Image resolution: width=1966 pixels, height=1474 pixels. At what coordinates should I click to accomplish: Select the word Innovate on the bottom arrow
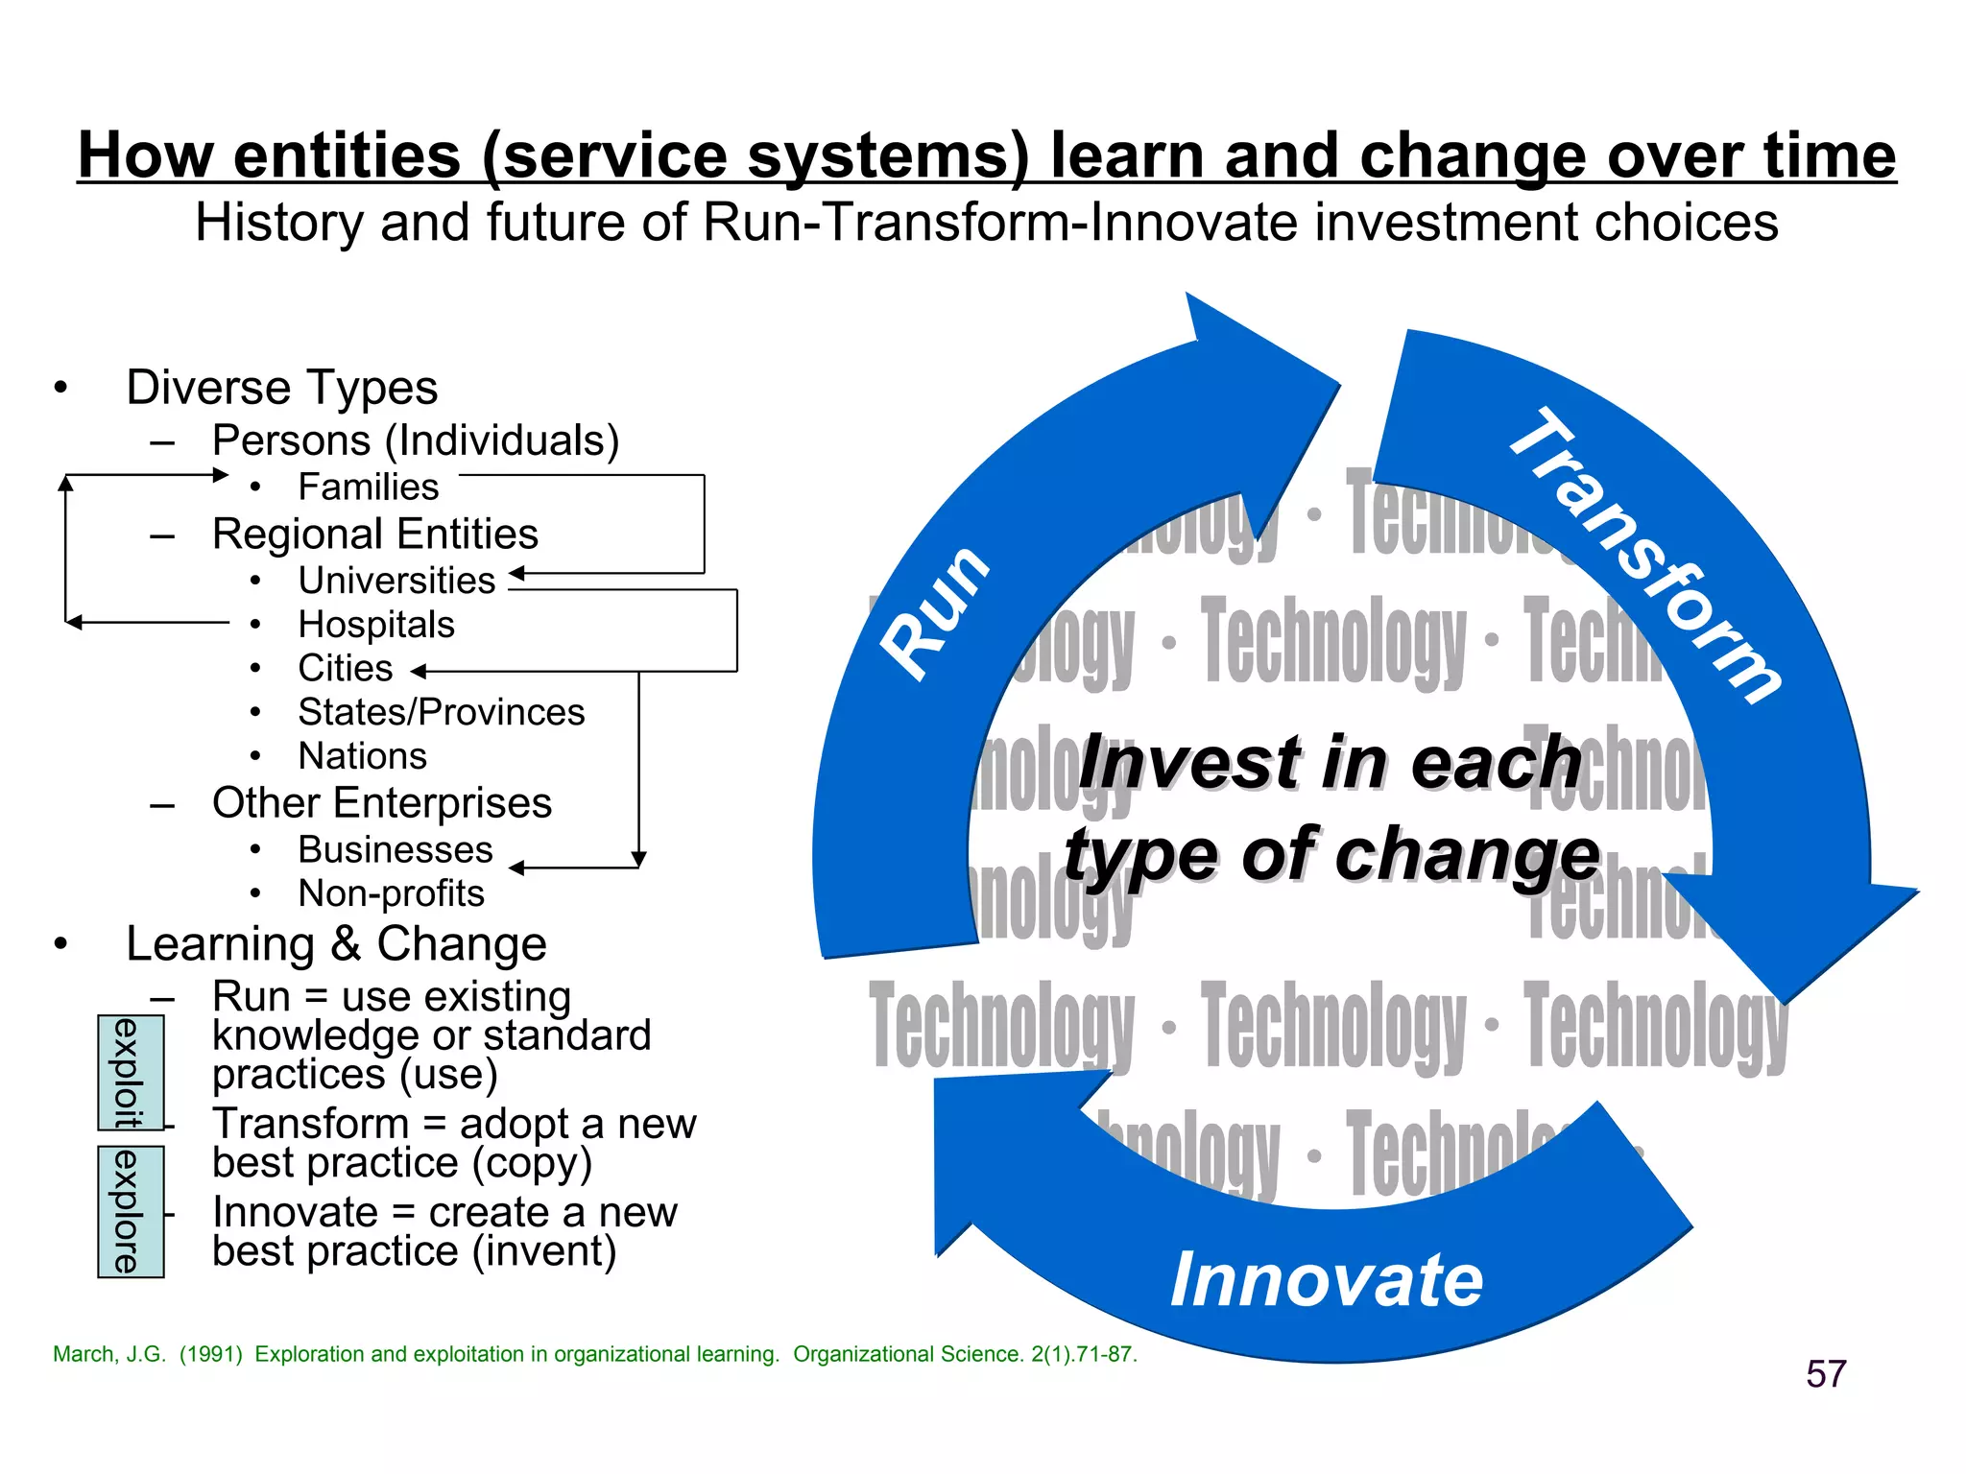tap(1327, 1279)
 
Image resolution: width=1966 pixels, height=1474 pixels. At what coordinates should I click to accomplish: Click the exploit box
tap(131, 1072)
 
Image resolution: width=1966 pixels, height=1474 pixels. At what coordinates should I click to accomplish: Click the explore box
tap(131, 1211)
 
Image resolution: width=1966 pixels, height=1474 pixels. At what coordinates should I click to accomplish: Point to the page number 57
tap(1825, 1373)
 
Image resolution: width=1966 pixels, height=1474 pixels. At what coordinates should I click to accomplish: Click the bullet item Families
tap(368, 487)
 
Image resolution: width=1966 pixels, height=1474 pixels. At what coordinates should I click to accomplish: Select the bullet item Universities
tap(396, 580)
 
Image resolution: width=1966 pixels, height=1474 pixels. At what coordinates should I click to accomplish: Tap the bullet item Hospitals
tap(376, 624)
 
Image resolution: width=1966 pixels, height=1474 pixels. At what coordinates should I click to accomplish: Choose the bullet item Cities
tap(346, 668)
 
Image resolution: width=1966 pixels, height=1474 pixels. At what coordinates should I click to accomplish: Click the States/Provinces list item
tap(441, 712)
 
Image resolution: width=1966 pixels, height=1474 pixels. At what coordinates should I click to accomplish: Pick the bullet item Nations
tap(362, 756)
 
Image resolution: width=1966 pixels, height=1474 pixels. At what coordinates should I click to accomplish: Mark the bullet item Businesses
tap(395, 849)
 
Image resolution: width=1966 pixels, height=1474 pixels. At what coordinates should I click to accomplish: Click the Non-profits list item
tap(391, 893)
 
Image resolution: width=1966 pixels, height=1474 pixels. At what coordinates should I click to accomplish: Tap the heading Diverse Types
tap(281, 388)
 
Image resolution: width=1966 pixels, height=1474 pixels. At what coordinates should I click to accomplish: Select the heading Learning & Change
tap(336, 943)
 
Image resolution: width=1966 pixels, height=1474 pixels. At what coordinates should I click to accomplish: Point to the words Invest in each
tap(1330, 763)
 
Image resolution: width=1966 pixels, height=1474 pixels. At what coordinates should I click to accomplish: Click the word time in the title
tap(1829, 155)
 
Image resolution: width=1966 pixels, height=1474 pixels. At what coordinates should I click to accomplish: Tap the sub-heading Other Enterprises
tap(381, 802)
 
